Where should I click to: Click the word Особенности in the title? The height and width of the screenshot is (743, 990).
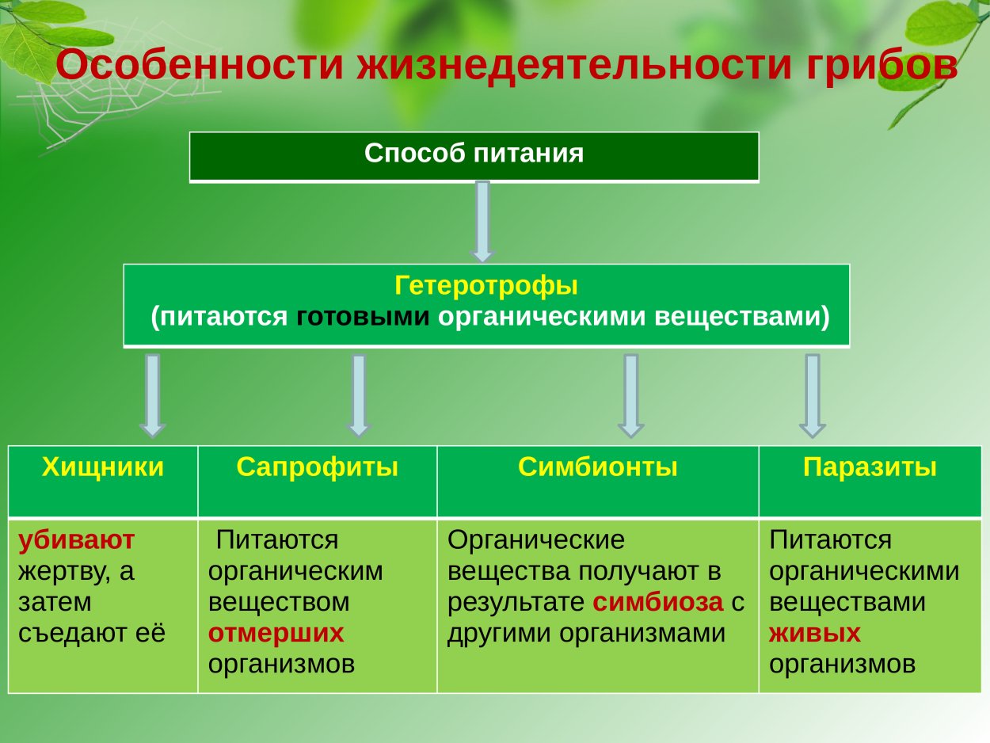[x=199, y=65]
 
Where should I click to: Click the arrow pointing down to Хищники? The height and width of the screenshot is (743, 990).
[x=153, y=394]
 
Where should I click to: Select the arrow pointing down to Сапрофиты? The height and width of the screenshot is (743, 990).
[x=359, y=394]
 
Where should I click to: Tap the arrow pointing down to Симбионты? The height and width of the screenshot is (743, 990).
[x=630, y=394]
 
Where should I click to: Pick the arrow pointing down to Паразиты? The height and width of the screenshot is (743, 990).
[x=812, y=394]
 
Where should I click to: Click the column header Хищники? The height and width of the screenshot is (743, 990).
[x=103, y=467]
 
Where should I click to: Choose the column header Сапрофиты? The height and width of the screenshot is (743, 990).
[x=317, y=467]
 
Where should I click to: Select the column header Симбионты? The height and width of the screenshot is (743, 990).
[x=597, y=467]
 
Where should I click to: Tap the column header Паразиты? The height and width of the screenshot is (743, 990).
[x=870, y=467]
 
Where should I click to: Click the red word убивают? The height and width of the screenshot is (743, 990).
[x=76, y=540]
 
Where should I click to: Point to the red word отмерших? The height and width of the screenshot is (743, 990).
[x=276, y=633]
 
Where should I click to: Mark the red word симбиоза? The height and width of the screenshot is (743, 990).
[x=658, y=602]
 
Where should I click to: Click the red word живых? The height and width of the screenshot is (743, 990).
[x=814, y=633]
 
